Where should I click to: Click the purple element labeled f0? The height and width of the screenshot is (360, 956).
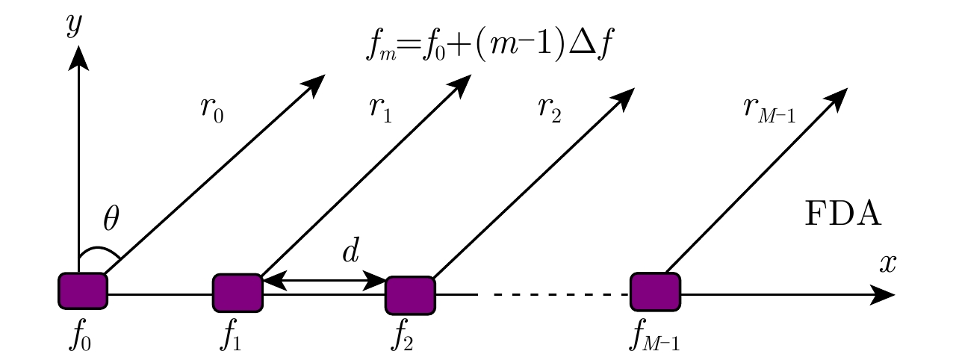click(83, 291)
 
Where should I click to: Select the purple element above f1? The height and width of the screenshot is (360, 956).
click(238, 293)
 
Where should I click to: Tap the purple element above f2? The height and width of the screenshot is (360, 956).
click(410, 295)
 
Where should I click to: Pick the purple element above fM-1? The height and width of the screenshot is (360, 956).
click(655, 291)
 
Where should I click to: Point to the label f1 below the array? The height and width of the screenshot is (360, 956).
click(232, 338)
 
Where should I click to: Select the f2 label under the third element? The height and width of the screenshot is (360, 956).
click(404, 338)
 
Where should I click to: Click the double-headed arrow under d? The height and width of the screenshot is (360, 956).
click(323, 281)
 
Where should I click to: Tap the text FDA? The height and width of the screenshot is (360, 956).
click(844, 217)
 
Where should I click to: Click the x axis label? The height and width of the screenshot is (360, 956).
click(887, 263)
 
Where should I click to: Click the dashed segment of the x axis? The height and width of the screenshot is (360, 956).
click(553, 295)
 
